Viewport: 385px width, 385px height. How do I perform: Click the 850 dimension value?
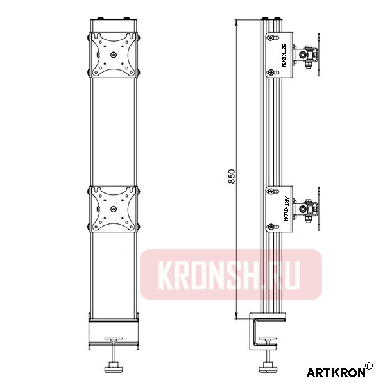(232, 177)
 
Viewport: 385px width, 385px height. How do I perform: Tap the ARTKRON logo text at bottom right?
(334, 372)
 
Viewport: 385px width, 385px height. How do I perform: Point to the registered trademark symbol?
(368, 366)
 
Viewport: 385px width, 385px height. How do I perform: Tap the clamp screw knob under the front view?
(114, 368)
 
